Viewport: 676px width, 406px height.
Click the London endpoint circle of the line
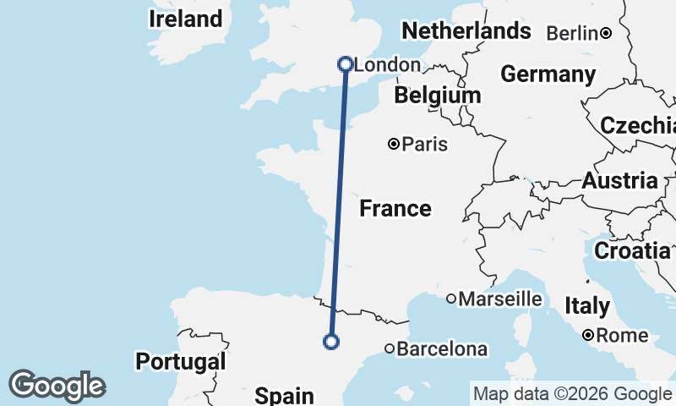(x=345, y=63)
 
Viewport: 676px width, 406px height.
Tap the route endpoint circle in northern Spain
(x=331, y=342)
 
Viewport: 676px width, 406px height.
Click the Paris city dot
(x=394, y=145)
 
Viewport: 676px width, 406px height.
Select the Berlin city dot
(x=606, y=34)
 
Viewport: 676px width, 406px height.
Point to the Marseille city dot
(x=451, y=299)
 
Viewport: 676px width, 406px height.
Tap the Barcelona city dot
(x=390, y=348)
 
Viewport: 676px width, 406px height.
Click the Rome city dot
(x=588, y=336)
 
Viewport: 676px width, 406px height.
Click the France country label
(x=395, y=208)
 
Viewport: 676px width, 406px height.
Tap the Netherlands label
(x=466, y=31)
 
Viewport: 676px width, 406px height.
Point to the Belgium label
(x=437, y=95)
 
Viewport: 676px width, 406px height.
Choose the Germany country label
(x=548, y=74)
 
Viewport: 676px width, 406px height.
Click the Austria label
(x=619, y=180)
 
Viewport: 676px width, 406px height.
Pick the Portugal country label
(x=181, y=361)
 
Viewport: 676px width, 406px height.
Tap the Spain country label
(x=285, y=395)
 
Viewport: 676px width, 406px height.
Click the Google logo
(x=57, y=386)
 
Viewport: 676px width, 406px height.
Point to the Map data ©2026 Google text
(x=571, y=393)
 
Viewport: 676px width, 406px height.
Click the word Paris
(x=424, y=145)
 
